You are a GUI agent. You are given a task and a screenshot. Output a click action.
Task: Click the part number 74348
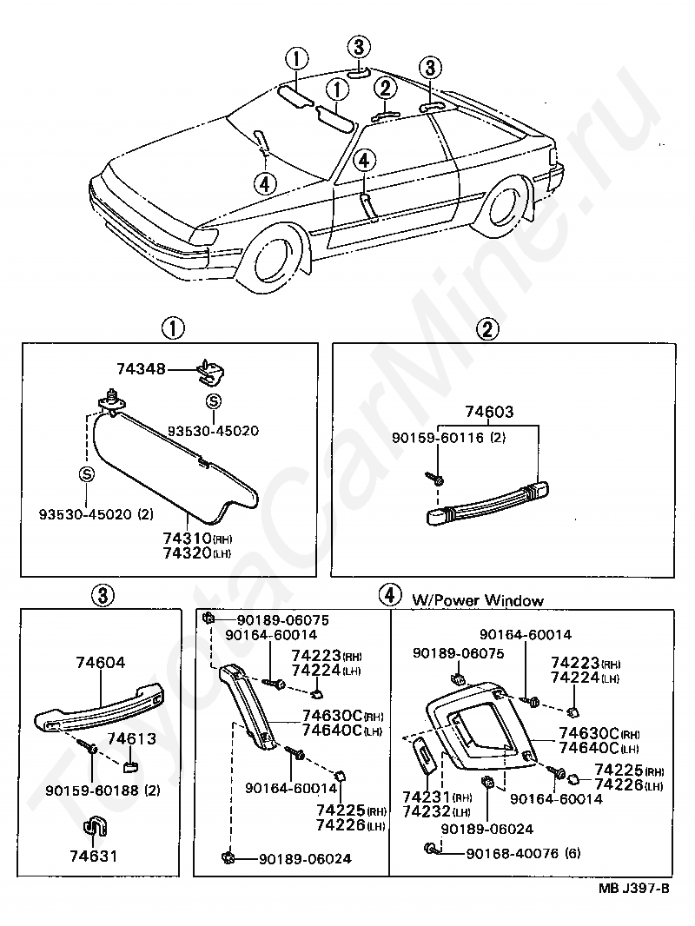point(142,370)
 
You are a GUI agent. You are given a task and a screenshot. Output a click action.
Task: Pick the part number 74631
point(92,856)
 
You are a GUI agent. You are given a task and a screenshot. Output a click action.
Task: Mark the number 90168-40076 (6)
point(513,853)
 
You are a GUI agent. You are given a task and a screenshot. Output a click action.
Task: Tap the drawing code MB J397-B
point(633,888)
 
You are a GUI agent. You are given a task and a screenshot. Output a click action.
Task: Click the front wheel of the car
point(276,261)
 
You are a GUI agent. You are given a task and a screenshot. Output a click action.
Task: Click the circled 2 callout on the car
point(385,87)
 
